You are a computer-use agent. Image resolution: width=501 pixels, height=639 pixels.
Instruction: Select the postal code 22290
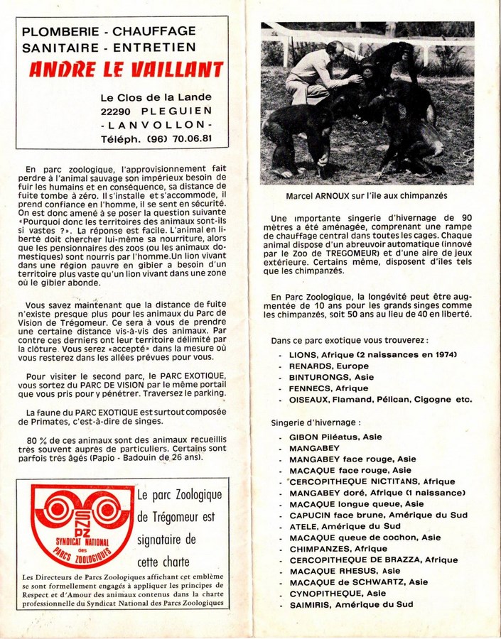[120, 111]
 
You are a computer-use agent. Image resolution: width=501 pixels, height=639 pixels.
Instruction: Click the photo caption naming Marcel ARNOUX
[367, 195]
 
